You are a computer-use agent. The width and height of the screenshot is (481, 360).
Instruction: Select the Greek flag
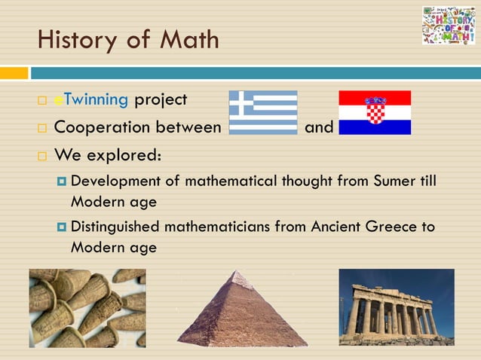pyautogui.click(x=263, y=113)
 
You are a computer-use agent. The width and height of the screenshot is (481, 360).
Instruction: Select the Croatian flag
pyautogui.click(x=375, y=113)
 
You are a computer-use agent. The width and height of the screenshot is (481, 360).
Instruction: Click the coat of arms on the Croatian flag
pyautogui.click(x=375, y=111)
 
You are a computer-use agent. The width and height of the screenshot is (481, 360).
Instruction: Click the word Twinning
pyautogui.click(x=97, y=99)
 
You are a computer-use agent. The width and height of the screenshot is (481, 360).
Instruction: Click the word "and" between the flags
pyautogui.click(x=319, y=127)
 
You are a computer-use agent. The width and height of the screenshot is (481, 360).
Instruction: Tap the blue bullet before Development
pyautogui.click(x=61, y=182)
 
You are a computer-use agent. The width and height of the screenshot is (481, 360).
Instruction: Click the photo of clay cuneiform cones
pyautogui.click(x=87, y=308)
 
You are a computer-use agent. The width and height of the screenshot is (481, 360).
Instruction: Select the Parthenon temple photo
pyautogui.click(x=397, y=307)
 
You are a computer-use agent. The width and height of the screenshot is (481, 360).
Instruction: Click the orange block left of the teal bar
pyautogui.click(x=14, y=73)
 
